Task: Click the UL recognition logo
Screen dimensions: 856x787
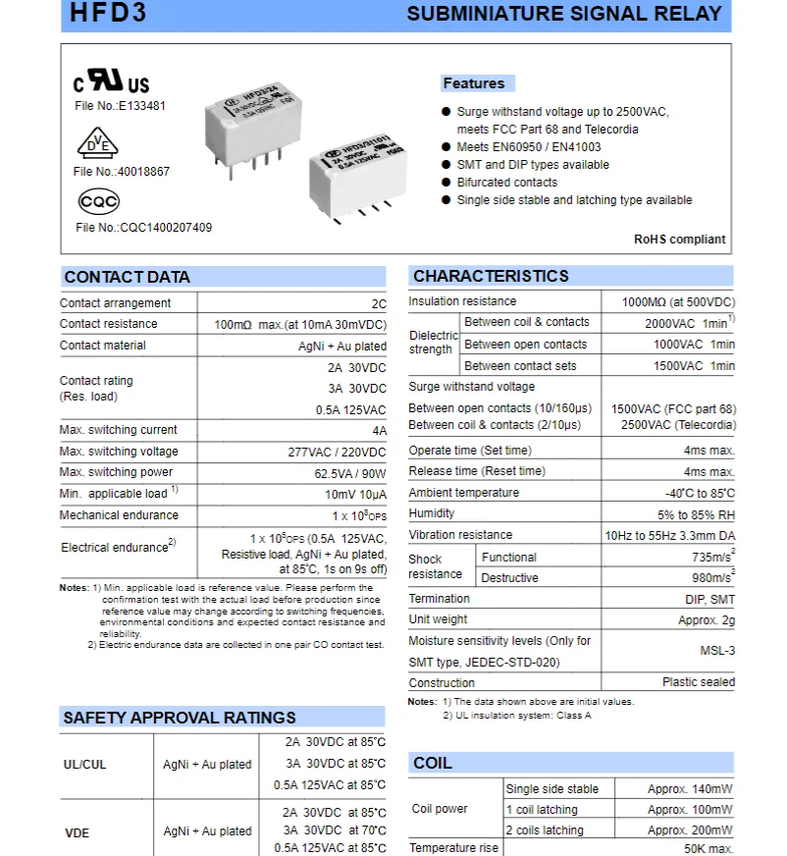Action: pyautogui.click(x=112, y=82)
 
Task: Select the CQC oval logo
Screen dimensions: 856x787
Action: pyautogui.click(x=98, y=202)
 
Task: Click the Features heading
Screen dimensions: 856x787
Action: pyautogui.click(x=474, y=83)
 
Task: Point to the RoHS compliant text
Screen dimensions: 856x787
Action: pyautogui.click(x=679, y=239)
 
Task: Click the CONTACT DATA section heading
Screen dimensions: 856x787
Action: pyautogui.click(x=127, y=277)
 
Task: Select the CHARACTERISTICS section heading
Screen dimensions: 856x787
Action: pyautogui.click(x=491, y=276)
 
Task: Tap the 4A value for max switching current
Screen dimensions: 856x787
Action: pyautogui.click(x=379, y=431)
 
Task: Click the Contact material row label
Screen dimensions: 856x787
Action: pyautogui.click(x=102, y=346)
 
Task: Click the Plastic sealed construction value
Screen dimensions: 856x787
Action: pyautogui.click(x=698, y=682)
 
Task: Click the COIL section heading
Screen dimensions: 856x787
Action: pyautogui.click(x=433, y=763)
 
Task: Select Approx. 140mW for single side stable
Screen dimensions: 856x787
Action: pyautogui.click(x=690, y=789)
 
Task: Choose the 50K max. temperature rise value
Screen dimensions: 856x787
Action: pyautogui.click(x=708, y=848)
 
